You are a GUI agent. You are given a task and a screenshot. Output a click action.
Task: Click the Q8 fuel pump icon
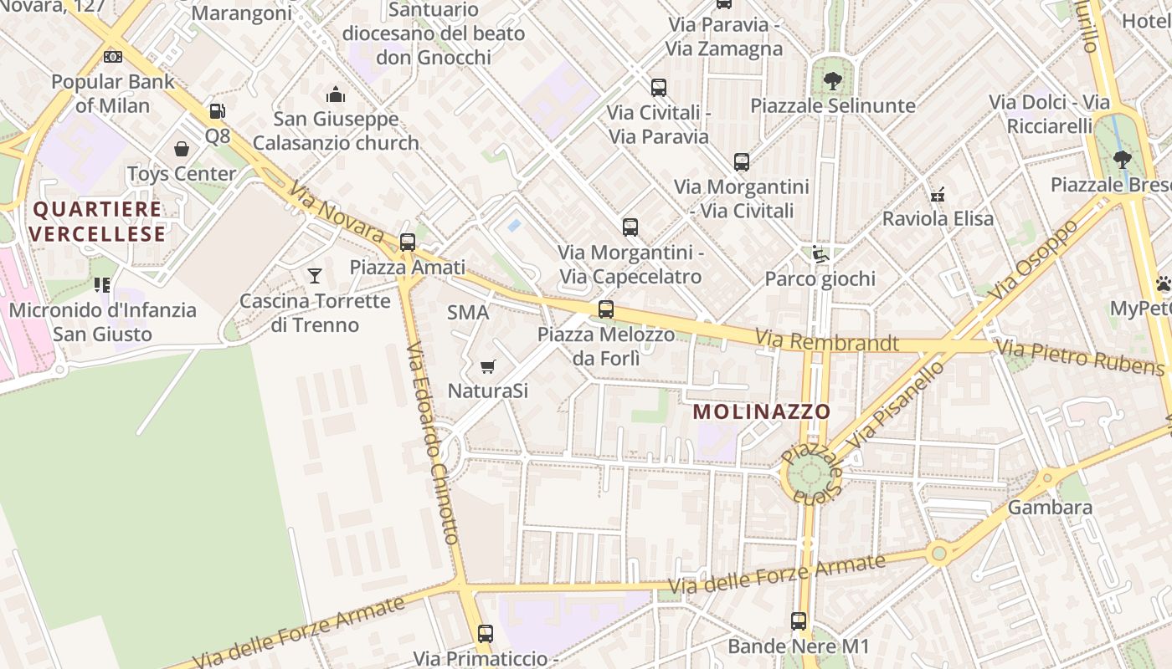(x=217, y=111)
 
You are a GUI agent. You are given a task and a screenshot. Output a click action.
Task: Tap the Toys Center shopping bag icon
(x=182, y=149)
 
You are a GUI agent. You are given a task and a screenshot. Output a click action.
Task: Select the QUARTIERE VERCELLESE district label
(x=98, y=221)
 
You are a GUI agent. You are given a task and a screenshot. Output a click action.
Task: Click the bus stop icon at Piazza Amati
(x=408, y=243)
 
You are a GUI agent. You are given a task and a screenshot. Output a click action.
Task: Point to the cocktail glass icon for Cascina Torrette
(x=315, y=275)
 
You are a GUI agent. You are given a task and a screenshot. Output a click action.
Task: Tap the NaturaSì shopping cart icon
(x=488, y=366)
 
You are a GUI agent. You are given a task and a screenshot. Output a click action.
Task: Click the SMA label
(x=467, y=313)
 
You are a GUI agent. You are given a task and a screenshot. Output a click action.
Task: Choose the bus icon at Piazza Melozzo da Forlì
(x=606, y=309)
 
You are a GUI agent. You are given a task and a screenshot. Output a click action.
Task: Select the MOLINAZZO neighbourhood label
(x=761, y=411)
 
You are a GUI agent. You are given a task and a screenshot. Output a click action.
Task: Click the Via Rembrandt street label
(x=827, y=341)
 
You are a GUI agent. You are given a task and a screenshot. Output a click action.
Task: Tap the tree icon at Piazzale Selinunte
(x=832, y=81)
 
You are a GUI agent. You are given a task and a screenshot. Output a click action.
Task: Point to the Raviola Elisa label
(x=938, y=219)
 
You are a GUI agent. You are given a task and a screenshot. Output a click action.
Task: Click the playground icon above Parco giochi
(x=820, y=253)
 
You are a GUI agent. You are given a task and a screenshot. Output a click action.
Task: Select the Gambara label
(x=1050, y=508)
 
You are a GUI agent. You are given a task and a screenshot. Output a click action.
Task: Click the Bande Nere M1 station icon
(x=799, y=621)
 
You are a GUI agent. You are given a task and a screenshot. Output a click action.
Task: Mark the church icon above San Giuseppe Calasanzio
(x=336, y=94)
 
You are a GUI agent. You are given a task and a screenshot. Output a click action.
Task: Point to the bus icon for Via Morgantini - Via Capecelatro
(x=630, y=227)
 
